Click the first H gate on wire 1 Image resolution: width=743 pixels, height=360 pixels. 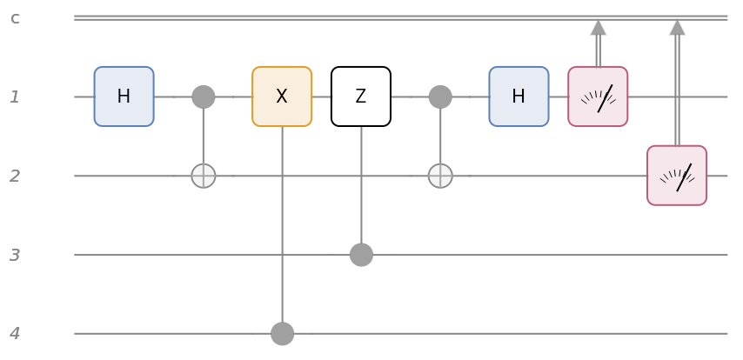(124, 97)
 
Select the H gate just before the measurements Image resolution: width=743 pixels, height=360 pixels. (519, 97)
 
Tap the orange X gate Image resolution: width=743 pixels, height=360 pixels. (282, 97)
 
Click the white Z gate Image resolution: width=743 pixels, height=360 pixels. (361, 97)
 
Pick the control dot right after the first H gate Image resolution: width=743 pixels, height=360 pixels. (203, 97)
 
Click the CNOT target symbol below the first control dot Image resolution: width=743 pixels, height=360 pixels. (203, 176)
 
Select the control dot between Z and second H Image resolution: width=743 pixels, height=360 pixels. (440, 97)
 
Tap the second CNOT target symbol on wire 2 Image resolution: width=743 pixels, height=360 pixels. (440, 176)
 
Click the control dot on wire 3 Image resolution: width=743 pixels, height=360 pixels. (361, 255)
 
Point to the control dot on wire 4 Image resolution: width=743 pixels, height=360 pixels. (282, 333)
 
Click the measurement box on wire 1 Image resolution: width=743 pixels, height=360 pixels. (598, 97)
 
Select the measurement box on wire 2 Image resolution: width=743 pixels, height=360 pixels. (677, 176)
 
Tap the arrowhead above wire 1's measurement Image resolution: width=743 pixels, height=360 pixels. (598, 27)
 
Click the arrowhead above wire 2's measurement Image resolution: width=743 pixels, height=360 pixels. (677, 27)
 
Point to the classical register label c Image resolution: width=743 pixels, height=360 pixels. (15, 17)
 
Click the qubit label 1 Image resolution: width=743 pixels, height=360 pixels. (15, 97)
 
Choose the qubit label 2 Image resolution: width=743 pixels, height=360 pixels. (15, 176)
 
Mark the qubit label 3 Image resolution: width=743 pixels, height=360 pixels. (15, 255)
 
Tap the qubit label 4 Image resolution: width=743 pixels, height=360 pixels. (15, 333)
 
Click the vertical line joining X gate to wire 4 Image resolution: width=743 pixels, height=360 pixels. (282, 226)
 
